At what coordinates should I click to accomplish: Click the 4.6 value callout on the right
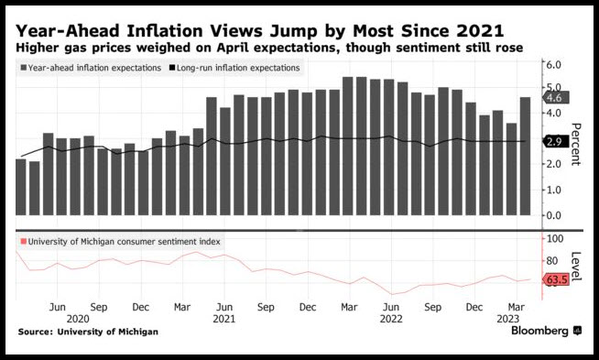coord(556,98)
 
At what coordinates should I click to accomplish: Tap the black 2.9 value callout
coord(556,142)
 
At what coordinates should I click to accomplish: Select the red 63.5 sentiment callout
coord(556,279)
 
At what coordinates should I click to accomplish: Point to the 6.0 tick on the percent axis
coord(553,64)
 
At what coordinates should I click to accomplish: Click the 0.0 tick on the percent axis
coord(553,215)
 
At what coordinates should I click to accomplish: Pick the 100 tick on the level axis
coord(555,238)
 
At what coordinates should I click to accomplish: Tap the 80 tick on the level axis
coord(553,261)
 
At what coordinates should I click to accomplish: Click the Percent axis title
coord(575,144)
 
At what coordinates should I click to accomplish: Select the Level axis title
coord(575,267)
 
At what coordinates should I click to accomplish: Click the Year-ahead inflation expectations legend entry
coord(91,68)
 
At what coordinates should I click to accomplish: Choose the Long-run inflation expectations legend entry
coord(234,68)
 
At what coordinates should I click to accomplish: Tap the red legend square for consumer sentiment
coord(24,242)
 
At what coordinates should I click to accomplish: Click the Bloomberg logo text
coord(539,331)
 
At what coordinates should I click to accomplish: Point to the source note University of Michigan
coord(108,332)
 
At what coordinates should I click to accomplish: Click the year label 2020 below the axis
coord(78,319)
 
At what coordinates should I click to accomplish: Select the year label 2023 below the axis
coord(507,319)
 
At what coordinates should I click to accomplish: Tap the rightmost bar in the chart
coord(525,156)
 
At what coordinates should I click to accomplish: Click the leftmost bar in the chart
coord(21,187)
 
